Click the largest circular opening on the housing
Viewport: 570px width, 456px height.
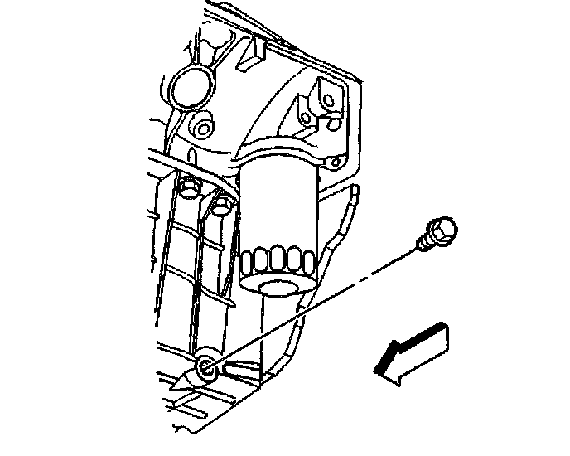191,86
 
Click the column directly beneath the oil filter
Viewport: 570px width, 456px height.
273,332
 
